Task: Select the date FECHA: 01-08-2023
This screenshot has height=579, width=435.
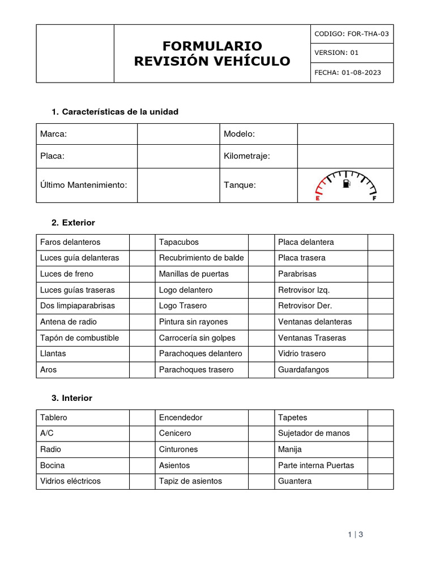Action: coord(347,72)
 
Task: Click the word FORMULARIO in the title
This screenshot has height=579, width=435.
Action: coord(212,46)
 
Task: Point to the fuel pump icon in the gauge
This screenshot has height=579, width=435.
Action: coord(346,184)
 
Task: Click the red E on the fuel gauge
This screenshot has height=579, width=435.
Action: coord(317,198)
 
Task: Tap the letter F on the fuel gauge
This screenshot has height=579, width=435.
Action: coord(374,198)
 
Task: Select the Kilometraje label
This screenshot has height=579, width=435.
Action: coord(247,156)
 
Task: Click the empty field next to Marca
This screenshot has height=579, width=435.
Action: coord(178,134)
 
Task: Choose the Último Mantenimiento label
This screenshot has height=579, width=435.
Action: coord(83,185)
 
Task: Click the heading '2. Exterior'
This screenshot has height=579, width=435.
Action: coord(73,223)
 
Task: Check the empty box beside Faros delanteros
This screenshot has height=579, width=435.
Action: coord(142,242)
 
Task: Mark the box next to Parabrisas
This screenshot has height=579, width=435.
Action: coord(380,274)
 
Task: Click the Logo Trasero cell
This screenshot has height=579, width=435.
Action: coord(183,306)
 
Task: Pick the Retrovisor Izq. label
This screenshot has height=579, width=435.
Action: coord(304,290)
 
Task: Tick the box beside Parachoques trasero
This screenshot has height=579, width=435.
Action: coord(261,370)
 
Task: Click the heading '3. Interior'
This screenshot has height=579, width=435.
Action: coord(71,398)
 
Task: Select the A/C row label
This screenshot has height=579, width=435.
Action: coord(47,433)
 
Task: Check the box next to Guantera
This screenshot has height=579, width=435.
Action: coord(380,481)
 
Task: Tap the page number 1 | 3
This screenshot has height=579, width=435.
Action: coord(355,534)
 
